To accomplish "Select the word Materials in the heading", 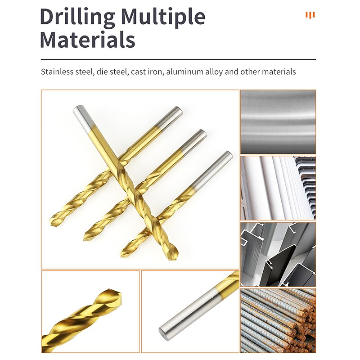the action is [87, 39].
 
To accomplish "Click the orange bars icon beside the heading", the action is [310, 15].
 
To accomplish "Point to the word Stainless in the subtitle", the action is [57, 72].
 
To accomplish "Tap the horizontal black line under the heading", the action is [178, 59].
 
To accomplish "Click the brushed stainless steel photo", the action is [278, 121].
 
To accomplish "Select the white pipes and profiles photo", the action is [278, 188].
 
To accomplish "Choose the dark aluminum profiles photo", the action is [278, 254].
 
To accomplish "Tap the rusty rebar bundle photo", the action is [278, 320].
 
